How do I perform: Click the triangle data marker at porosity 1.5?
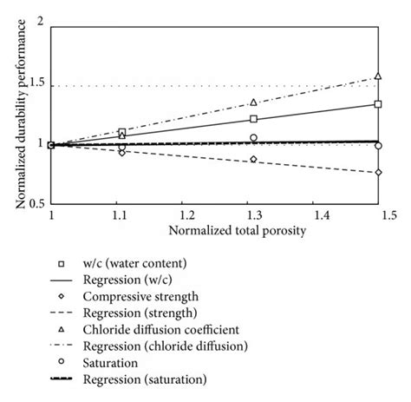coord(377,76)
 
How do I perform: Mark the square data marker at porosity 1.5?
coord(377,104)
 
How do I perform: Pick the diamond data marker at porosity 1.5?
coord(377,173)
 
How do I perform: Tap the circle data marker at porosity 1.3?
coord(253,138)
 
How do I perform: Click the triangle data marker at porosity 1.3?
coord(253,102)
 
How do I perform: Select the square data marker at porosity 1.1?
coord(122,132)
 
